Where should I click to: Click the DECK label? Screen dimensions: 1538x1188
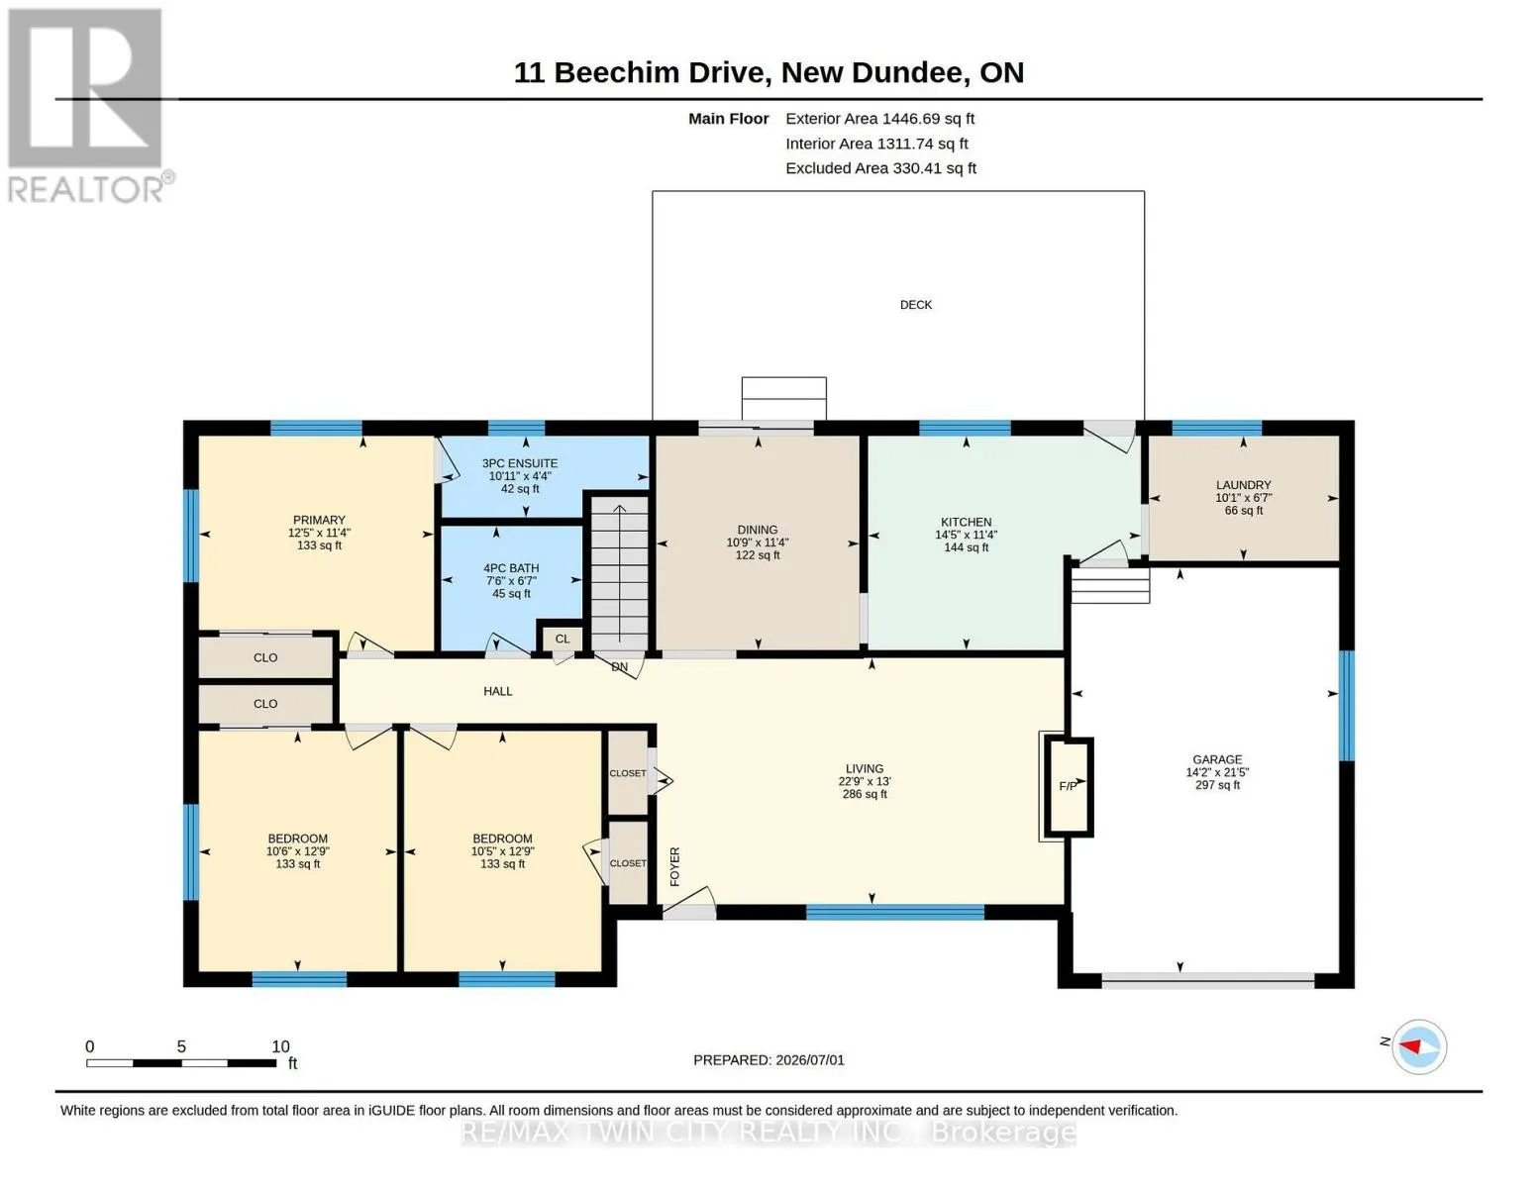[915, 304]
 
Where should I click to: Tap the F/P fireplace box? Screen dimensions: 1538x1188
[1068, 786]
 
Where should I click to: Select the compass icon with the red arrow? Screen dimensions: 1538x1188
[1418, 1047]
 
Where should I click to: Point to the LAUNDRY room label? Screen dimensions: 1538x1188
[1243, 485]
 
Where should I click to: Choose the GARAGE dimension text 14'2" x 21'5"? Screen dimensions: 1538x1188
[1217, 772]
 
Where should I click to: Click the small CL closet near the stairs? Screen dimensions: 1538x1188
[562, 639]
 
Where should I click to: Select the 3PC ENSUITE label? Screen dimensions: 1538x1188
[520, 463]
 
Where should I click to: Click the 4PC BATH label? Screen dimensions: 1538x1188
[511, 568]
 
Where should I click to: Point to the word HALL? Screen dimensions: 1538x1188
[497, 691]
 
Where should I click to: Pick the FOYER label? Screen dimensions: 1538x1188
[674, 866]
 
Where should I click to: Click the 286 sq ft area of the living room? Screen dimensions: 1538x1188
[865, 794]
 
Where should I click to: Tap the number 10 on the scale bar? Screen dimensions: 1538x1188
[280, 1046]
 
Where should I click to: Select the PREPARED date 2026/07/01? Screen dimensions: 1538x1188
[810, 1060]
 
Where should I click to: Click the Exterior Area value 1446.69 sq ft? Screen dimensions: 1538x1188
[928, 119]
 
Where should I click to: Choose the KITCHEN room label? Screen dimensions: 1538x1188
[966, 522]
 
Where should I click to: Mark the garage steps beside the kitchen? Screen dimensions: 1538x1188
[1110, 586]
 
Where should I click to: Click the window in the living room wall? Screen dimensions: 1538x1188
[894, 913]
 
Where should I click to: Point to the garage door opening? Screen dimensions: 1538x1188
[1207, 981]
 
